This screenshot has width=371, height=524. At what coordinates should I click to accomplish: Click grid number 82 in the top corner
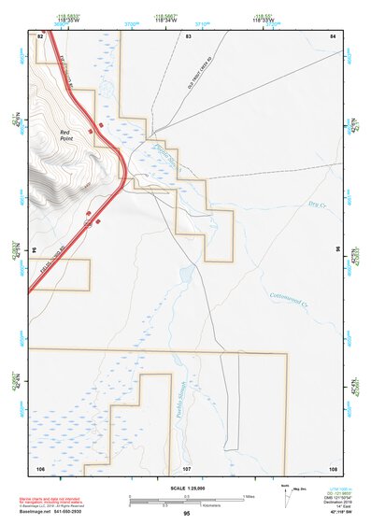(40, 35)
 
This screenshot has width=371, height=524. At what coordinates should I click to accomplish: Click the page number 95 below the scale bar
(187, 513)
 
